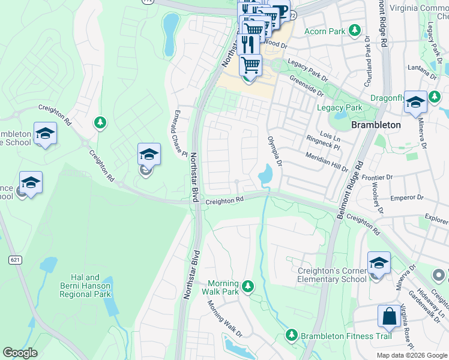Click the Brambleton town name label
point(375,125)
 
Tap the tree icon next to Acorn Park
point(355,30)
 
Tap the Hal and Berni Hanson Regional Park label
point(85,286)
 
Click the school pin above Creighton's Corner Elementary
point(379,263)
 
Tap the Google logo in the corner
point(20,353)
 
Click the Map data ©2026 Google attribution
point(412,355)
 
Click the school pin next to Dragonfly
point(415,103)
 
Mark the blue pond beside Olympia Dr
point(265,175)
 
